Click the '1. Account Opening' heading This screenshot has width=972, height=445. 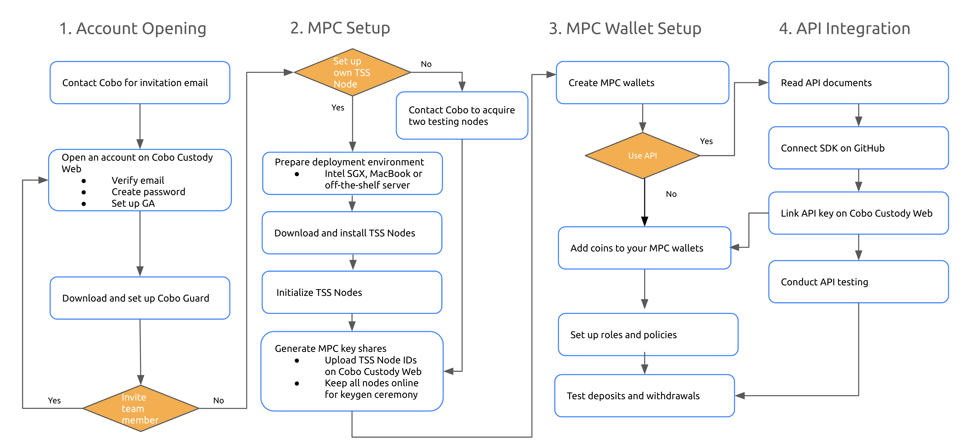coord(133,29)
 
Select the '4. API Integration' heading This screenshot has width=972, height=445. coord(844,29)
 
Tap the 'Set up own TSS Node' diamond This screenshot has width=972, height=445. coord(352,72)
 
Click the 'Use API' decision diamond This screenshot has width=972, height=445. coord(643,155)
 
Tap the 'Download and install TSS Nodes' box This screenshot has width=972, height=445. coord(352,233)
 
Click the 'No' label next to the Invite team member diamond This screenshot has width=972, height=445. coord(218,400)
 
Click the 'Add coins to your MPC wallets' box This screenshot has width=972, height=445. coord(644,248)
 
